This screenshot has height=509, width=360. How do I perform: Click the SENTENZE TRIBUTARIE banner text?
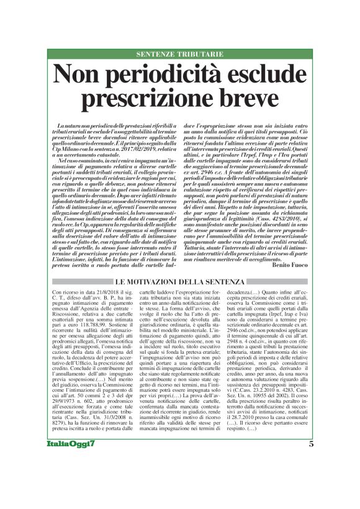(180, 54)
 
